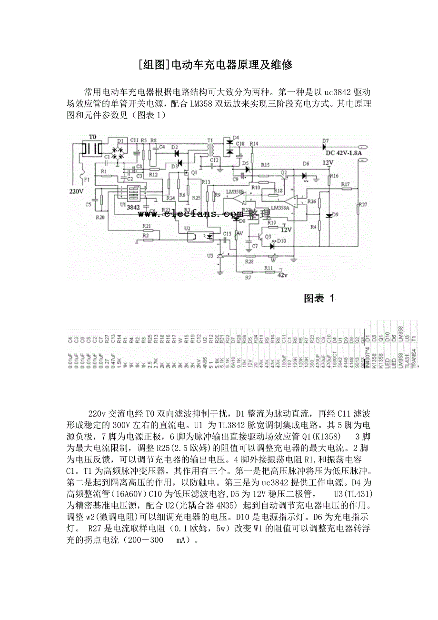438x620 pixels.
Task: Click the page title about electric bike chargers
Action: click(219, 65)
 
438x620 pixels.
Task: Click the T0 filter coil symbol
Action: click(92, 148)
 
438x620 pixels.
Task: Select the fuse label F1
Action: click(87, 180)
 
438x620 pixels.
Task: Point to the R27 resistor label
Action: click(363, 205)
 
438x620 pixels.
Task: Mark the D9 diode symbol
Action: click(328, 215)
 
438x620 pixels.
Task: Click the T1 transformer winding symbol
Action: click(210, 150)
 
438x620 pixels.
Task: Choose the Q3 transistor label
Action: click(268, 237)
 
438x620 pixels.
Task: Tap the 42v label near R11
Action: click(282, 275)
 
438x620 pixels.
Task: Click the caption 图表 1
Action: click(319, 299)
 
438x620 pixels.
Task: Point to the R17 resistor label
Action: click(345, 184)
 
